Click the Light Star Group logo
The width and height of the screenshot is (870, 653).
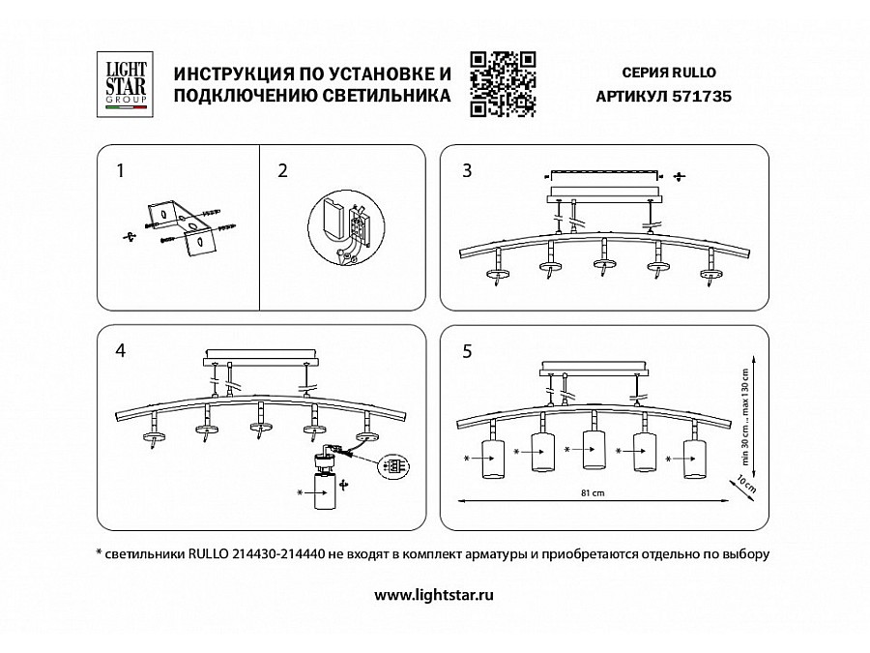point(126,81)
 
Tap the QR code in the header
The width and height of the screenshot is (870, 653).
point(502,83)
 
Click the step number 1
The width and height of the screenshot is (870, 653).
point(120,171)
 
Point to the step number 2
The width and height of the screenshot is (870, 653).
point(282,171)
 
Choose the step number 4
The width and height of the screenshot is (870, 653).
point(120,351)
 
